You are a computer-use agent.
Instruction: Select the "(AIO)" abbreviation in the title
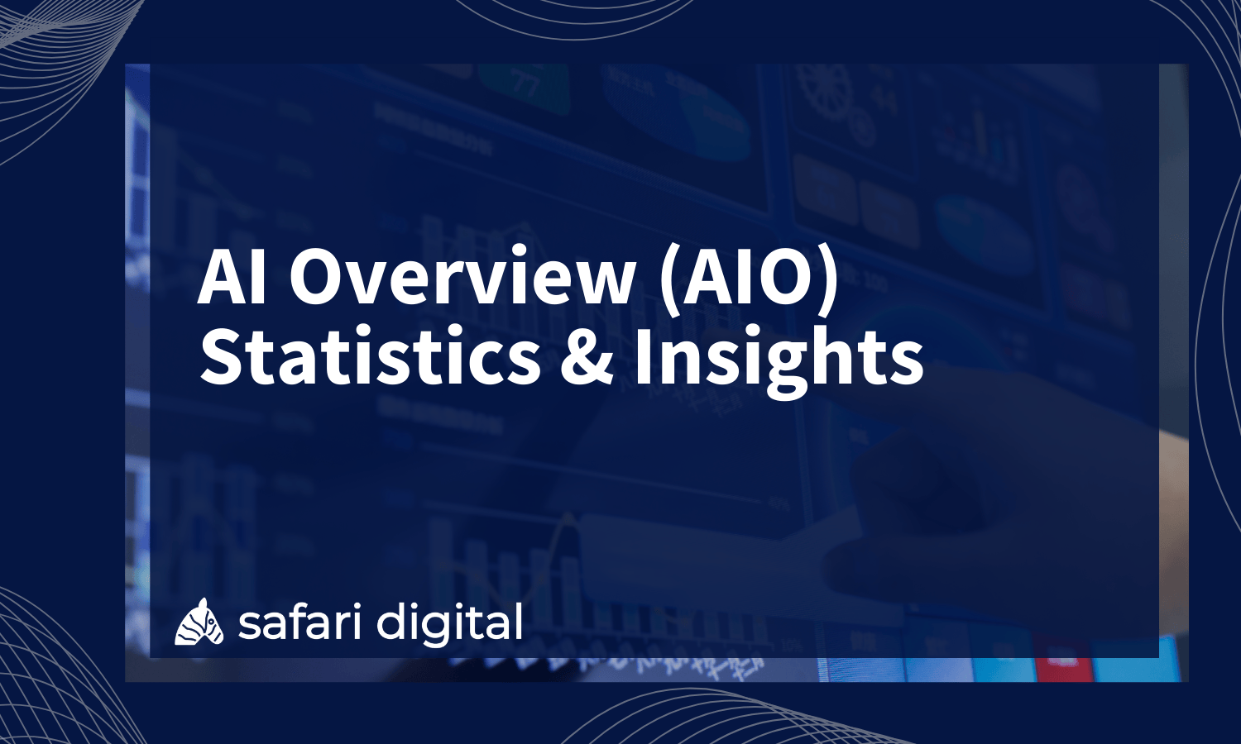(x=749, y=279)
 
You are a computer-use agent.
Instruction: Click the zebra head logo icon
(x=199, y=622)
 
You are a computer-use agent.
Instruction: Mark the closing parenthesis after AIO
(x=828, y=281)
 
